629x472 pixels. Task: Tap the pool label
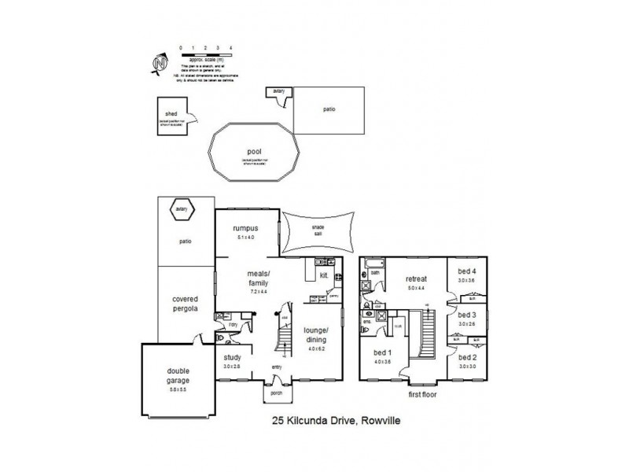pos(253,152)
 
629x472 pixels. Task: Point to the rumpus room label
pos(246,228)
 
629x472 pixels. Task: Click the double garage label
pos(178,376)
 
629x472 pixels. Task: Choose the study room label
pos(231,357)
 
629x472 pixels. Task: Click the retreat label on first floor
pos(415,278)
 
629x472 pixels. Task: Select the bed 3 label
pos(467,315)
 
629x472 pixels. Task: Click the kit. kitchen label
pos(323,275)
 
